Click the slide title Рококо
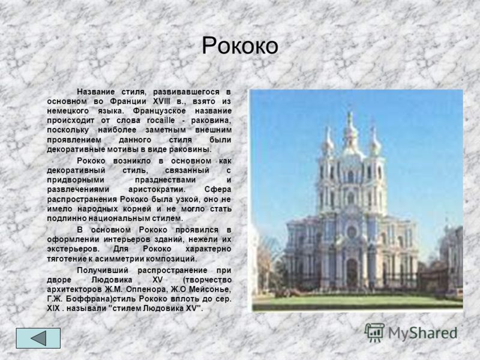[240, 46]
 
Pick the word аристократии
[157, 190]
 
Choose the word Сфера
[218, 190]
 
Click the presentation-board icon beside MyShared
[374, 332]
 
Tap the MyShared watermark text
[423, 333]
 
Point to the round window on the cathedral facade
[352, 232]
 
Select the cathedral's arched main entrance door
[352, 273]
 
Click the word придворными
[76, 180]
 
